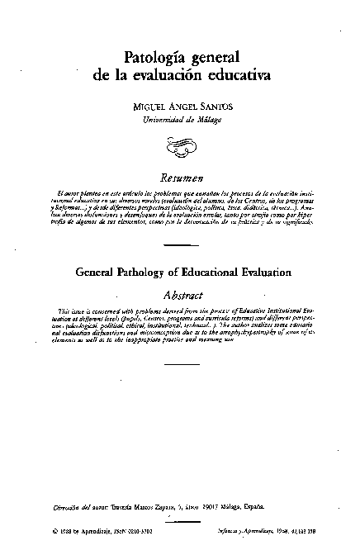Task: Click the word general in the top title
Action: coord(214,59)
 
